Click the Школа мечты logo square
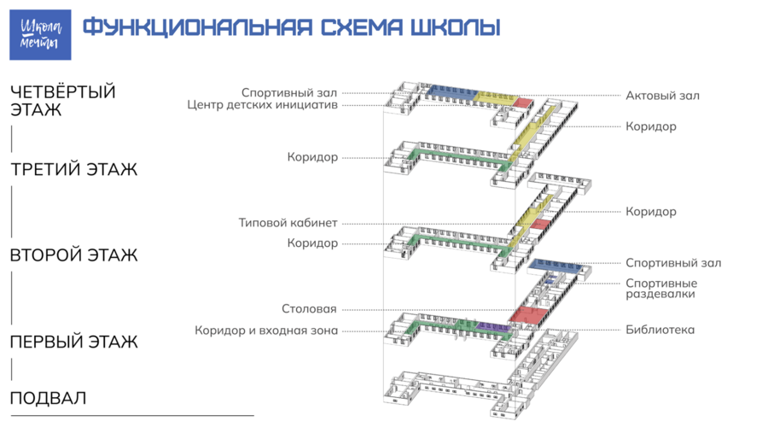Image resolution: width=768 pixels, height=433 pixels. pyautogui.click(x=40, y=35)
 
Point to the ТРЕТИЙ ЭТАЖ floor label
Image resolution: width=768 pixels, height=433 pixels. pyautogui.click(x=74, y=170)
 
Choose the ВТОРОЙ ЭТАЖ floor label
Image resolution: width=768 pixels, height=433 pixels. pyautogui.click(x=74, y=255)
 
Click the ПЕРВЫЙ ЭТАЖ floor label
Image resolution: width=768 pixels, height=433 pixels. pyautogui.click(x=74, y=342)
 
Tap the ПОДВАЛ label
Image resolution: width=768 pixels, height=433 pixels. pyautogui.click(x=48, y=398)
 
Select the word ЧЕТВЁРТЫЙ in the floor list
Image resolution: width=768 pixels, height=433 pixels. pyautogui.click(x=63, y=91)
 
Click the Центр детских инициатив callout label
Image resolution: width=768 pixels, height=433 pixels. pyautogui.click(x=263, y=105)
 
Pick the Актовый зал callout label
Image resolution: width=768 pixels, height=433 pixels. pyautogui.click(x=662, y=96)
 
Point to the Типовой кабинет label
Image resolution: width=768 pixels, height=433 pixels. pyautogui.click(x=288, y=223)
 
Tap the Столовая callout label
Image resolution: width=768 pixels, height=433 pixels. pyautogui.click(x=309, y=309)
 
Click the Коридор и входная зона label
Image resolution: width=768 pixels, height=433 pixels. pyautogui.click(x=266, y=331)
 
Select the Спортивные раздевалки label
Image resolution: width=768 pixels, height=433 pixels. pyautogui.click(x=661, y=289)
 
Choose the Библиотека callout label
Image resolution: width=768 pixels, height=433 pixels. pyautogui.click(x=660, y=330)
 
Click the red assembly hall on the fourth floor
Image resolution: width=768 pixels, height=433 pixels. pyautogui.click(x=523, y=102)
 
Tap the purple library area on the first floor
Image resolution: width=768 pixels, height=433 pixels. pyautogui.click(x=494, y=327)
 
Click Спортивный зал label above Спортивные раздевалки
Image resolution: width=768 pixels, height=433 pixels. pyautogui.click(x=673, y=263)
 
